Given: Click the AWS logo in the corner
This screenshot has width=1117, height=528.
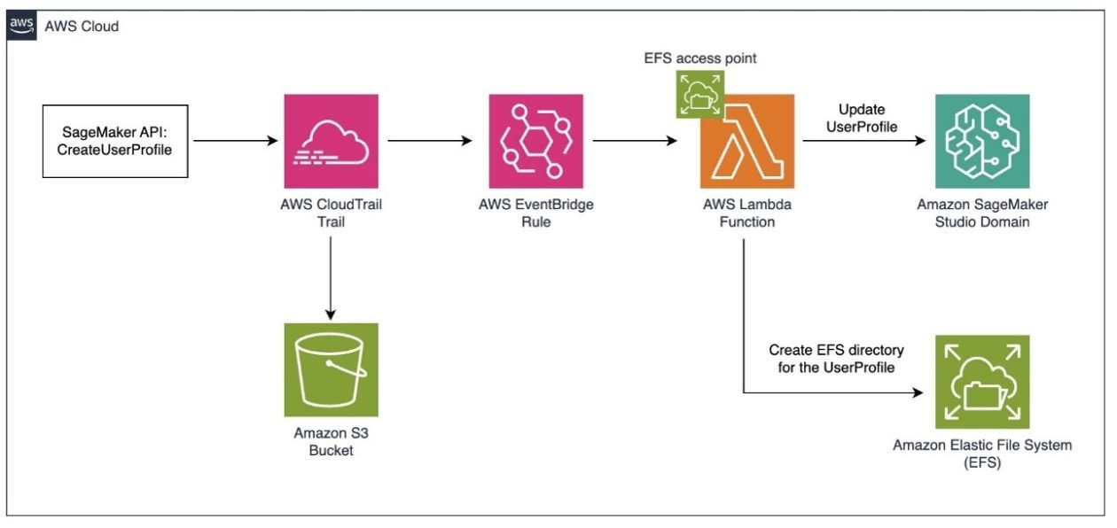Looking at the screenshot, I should pos(21,26).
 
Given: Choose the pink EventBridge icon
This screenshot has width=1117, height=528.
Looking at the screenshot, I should pos(535,140).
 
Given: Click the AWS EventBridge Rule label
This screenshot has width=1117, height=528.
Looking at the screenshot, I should pos(535,213).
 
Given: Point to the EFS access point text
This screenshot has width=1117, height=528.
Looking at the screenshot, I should pos(700,58).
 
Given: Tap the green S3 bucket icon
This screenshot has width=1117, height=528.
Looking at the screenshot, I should pos(331,369).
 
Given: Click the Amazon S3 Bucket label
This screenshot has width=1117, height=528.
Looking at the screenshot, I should pos(331,441).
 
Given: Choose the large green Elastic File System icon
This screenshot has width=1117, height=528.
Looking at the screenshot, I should pos(981,382).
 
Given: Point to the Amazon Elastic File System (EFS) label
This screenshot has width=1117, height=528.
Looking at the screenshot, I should pos(981,453).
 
